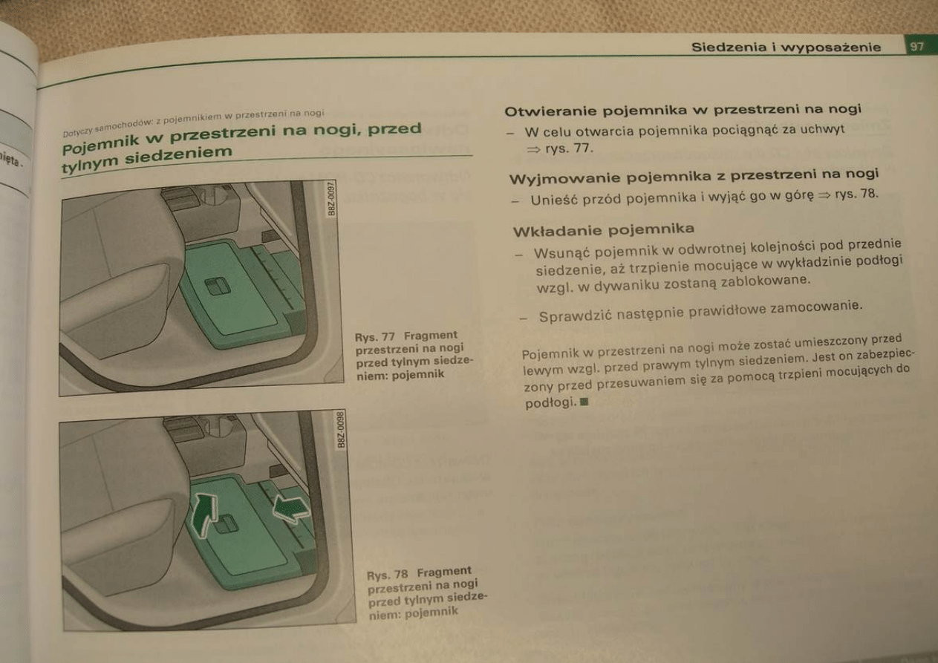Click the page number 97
click(916, 47)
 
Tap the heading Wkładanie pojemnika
click(603, 230)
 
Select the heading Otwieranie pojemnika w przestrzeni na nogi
click(683, 110)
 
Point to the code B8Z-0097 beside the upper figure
click(331, 198)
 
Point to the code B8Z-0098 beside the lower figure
click(342, 430)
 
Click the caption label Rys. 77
click(375, 337)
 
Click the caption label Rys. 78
click(388, 575)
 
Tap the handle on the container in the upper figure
click(218, 287)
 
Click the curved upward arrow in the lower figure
click(203, 515)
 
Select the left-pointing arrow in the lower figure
click(291, 509)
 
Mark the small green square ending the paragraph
click(584, 402)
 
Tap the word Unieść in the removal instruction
click(554, 200)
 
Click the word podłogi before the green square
click(550, 402)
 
